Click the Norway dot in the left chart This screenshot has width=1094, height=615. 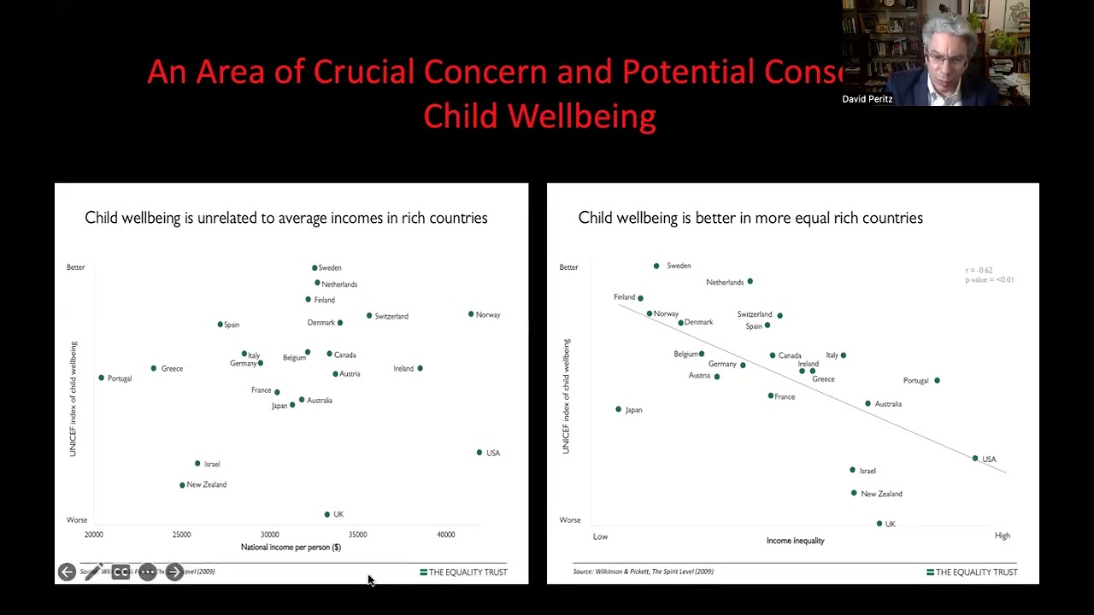pyautogui.click(x=471, y=314)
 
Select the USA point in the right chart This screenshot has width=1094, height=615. pyautogui.click(x=975, y=459)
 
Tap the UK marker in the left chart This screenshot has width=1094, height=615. pyautogui.click(x=327, y=514)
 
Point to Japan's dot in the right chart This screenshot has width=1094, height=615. pyautogui.click(x=619, y=409)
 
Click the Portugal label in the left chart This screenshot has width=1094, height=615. pyautogui.click(x=120, y=378)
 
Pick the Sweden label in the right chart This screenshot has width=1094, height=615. pyautogui.click(x=679, y=266)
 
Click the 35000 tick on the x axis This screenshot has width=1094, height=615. pyautogui.click(x=357, y=535)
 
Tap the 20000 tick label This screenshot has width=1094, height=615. pyautogui.click(x=93, y=535)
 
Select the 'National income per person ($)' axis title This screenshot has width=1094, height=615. pyautogui.click(x=291, y=548)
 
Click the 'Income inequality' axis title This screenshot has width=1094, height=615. pyautogui.click(x=795, y=541)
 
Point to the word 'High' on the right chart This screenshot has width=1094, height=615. pyautogui.click(x=1002, y=536)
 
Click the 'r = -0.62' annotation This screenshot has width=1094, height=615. pyautogui.click(x=979, y=271)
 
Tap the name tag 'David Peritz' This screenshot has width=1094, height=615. pyautogui.click(x=867, y=99)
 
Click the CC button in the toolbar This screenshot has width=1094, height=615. pyautogui.click(x=121, y=572)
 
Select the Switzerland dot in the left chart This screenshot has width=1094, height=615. pyautogui.click(x=369, y=316)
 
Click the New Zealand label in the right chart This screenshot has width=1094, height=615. pyautogui.click(x=881, y=494)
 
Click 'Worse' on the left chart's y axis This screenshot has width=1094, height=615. pyautogui.click(x=77, y=520)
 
